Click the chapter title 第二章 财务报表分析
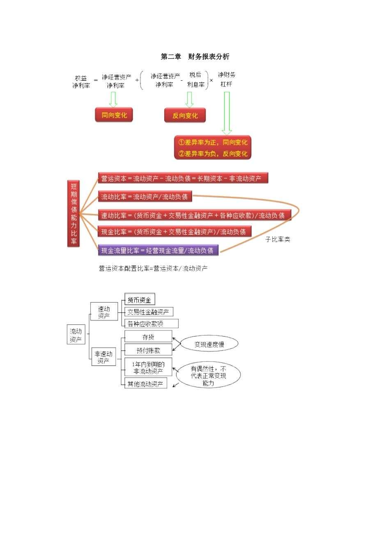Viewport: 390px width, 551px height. [x=195, y=57]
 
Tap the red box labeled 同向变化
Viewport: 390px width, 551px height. [x=114, y=115]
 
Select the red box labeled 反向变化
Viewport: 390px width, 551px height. [x=185, y=116]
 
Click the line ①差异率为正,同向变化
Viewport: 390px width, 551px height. [x=213, y=142]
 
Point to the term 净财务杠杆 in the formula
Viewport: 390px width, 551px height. [x=226, y=79]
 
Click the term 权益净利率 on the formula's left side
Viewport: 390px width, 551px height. [x=81, y=82]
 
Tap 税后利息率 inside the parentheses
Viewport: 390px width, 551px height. [x=195, y=80]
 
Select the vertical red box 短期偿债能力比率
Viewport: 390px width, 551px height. [x=73, y=214]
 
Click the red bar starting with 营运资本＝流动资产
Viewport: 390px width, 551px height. [x=183, y=178]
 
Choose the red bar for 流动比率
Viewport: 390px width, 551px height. [x=145, y=197]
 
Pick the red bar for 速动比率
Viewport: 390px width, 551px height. [x=194, y=215]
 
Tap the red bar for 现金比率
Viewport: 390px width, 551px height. [x=174, y=232]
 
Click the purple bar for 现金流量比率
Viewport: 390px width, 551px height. [x=158, y=250]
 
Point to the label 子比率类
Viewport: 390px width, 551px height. [x=278, y=239]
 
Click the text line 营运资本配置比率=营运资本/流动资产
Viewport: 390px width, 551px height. [x=153, y=268]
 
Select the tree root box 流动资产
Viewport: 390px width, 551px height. [x=76, y=335]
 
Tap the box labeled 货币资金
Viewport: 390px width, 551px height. [x=140, y=300]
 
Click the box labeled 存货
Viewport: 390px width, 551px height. [x=148, y=337]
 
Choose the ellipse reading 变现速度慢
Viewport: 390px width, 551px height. [x=209, y=344]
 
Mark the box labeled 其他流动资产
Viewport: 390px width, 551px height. [x=146, y=384]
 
